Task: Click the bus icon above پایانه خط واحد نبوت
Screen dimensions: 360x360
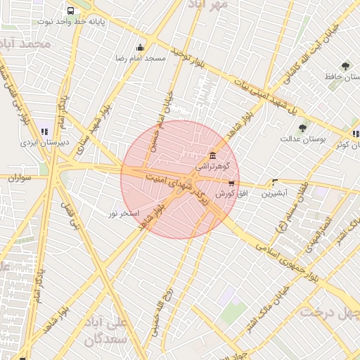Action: click(x=70, y=11)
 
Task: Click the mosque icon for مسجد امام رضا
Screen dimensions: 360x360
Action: click(x=140, y=48)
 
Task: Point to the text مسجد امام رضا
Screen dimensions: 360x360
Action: click(x=141, y=58)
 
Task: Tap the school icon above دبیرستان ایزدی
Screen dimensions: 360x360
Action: click(x=44, y=131)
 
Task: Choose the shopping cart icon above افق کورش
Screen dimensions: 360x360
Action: click(x=231, y=183)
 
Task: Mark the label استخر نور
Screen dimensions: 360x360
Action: click(x=124, y=212)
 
